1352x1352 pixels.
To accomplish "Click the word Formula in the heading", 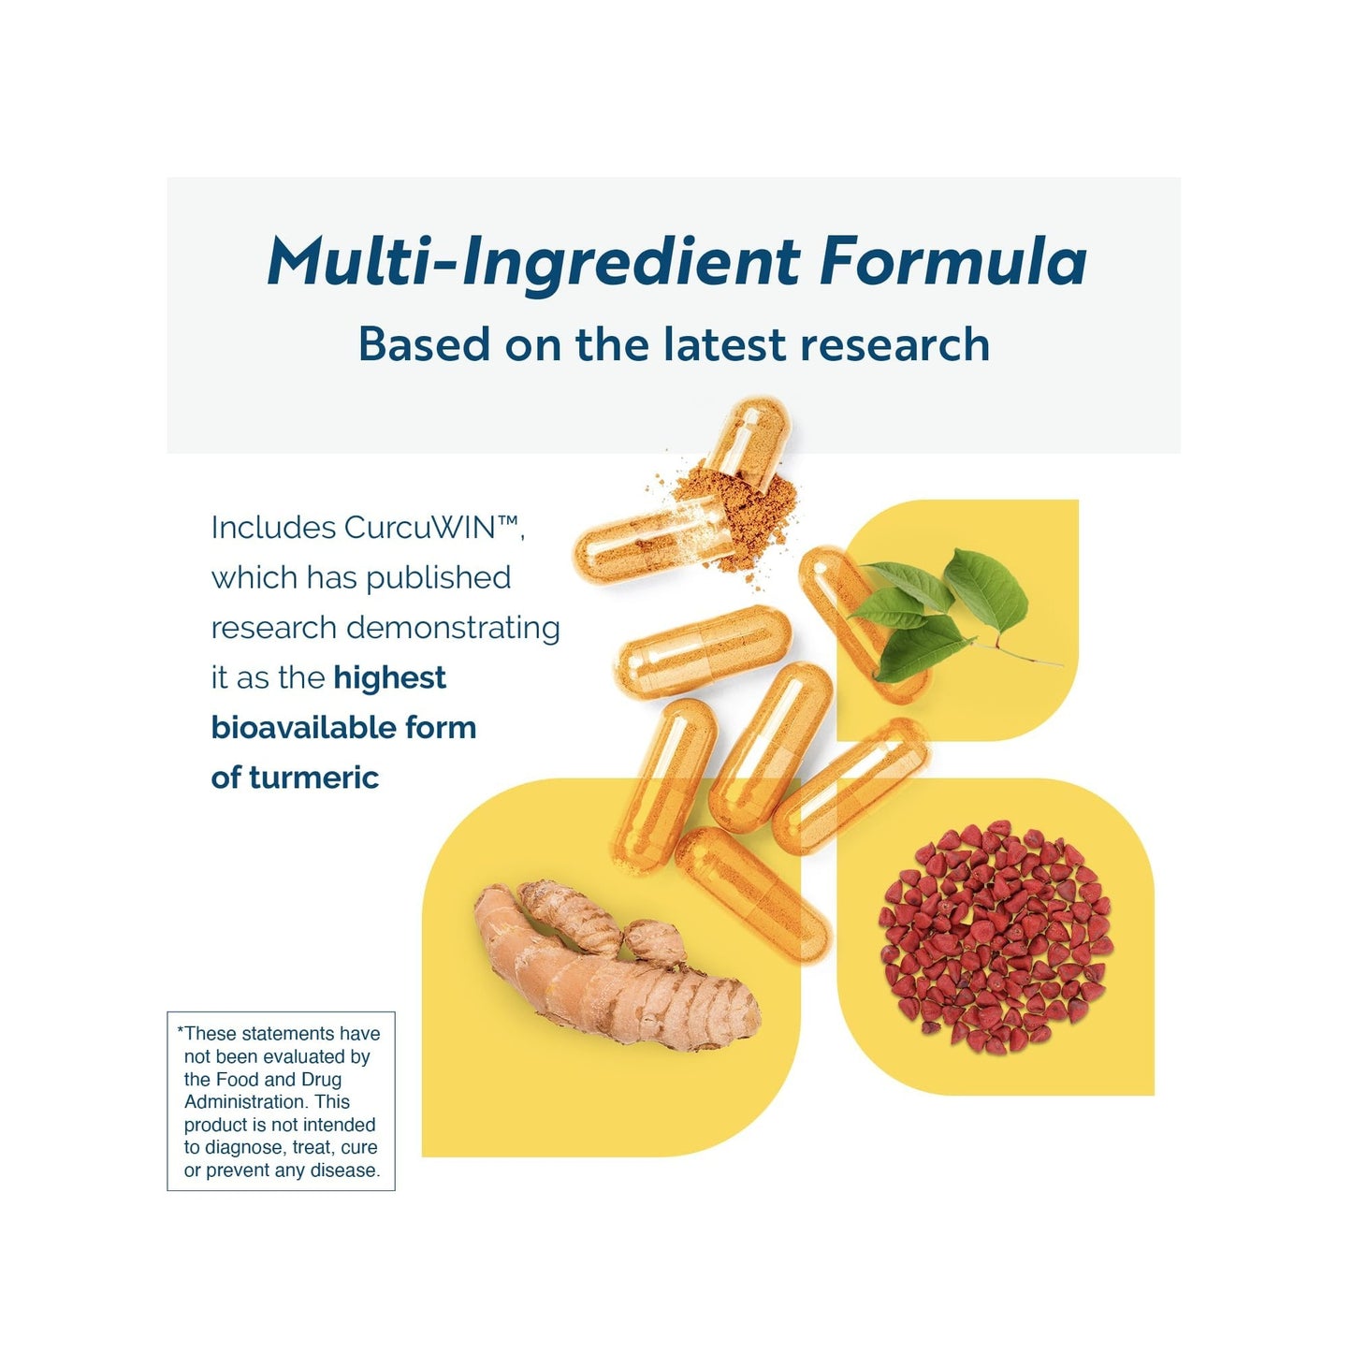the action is pyautogui.click(x=952, y=261).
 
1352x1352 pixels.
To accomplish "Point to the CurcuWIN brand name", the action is pyautogui.click(x=434, y=528).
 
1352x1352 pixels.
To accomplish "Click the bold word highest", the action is pyautogui.click(x=389, y=678).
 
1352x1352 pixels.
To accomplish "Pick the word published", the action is pyautogui.click(x=438, y=579).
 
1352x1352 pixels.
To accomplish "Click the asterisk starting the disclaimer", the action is pyautogui.click(x=181, y=1031).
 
